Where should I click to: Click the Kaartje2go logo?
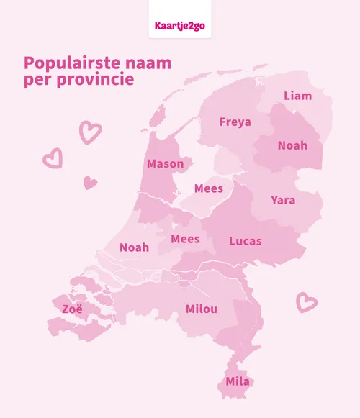click(179, 26)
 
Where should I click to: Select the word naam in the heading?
click(148, 63)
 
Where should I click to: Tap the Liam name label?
click(297, 96)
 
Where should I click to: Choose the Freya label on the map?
click(235, 122)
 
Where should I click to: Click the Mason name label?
click(165, 164)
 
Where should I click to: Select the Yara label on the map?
click(282, 200)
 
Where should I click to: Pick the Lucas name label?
click(245, 241)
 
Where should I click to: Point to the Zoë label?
click(72, 309)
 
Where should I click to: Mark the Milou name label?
click(201, 309)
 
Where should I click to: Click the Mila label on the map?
click(238, 381)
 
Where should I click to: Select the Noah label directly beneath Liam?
click(292, 145)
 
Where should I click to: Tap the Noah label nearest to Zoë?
click(134, 247)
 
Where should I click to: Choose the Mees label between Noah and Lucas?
click(185, 239)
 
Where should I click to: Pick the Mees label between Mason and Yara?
click(209, 190)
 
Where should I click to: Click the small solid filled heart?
click(90, 183)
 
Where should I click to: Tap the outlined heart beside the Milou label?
click(307, 302)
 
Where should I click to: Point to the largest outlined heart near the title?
click(90, 132)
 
